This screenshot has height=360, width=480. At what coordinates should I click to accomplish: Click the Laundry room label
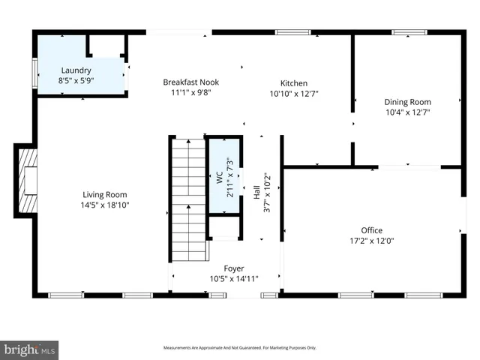tap(77, 70)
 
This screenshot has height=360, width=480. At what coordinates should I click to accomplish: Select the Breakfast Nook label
tap(191, 82)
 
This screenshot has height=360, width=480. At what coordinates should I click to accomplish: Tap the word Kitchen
tap(294, 83)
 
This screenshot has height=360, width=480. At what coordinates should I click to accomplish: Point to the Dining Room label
tap(407, 102)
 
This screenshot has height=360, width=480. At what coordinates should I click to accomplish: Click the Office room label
tap(371, 230)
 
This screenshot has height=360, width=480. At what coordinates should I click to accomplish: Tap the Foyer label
tap(234, 268)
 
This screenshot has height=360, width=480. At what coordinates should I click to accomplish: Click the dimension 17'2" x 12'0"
tap(371, 241)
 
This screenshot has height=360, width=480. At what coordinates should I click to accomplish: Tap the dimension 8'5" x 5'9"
tap(77, 80)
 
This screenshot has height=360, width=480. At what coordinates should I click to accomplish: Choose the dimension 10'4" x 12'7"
tap(407, 112)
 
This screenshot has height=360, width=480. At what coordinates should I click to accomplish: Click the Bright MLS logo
tap(30, 349)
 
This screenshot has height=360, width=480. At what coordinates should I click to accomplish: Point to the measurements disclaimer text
tap(240, 348)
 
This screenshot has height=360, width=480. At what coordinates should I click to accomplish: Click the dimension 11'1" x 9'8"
tap(191, 93)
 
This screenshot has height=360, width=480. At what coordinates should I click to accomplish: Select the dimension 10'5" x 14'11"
tap(234, 278)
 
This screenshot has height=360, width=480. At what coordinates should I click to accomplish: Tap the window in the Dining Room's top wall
tap(409, 32)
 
